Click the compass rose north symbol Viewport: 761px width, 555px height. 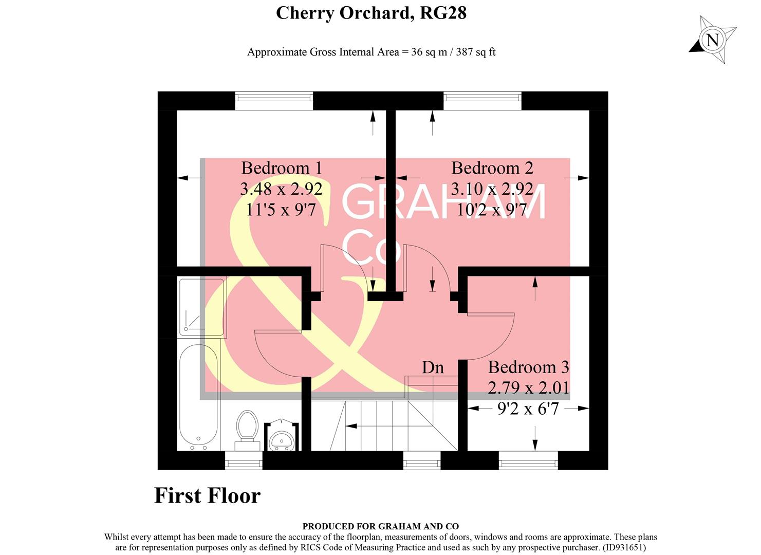[712, 40]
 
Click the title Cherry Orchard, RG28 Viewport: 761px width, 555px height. [371, 13]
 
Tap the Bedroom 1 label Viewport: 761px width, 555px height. [282, 168]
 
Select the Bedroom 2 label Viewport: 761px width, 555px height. [492, 168]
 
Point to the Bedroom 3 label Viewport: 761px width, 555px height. [528, 367]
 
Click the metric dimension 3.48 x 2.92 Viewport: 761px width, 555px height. [282, 189]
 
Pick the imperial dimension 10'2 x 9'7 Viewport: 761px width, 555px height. [492, 210]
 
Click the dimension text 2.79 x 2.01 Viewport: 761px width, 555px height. [528, 387]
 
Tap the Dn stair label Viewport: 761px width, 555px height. [433, 367]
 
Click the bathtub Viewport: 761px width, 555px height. [199, 395]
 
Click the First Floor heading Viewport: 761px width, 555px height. [207, 496]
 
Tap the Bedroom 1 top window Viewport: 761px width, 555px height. [274, 101]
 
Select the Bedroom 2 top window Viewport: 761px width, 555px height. [482, 101]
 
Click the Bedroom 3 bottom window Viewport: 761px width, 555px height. [528, 460]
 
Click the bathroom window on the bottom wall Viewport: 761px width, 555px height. [244, 460]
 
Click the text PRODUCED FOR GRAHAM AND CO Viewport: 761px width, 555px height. [380, 526]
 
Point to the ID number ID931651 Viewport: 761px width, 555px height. [623, 548]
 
